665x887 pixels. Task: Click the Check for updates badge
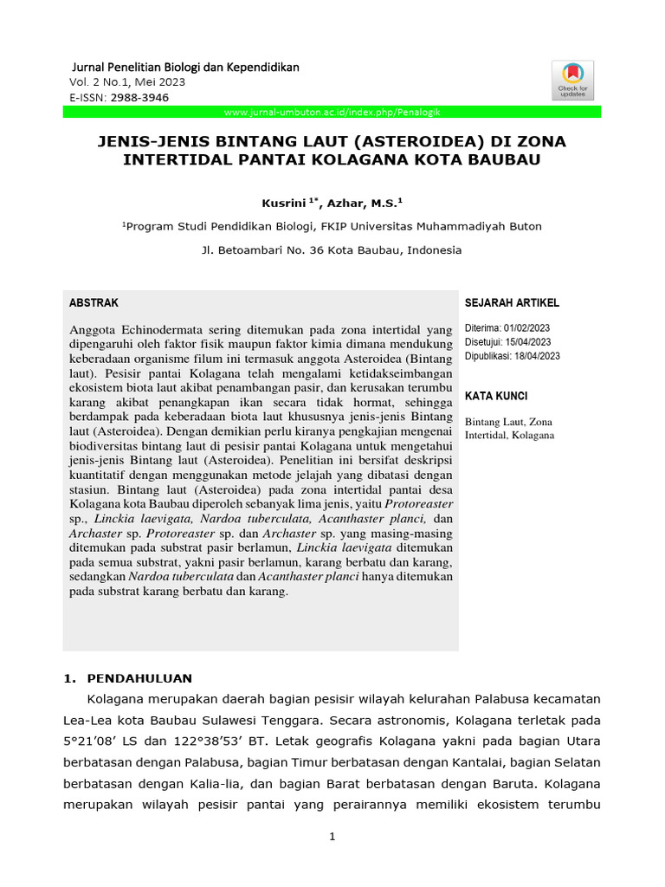click(572, 81)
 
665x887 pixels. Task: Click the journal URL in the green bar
click(333, 113)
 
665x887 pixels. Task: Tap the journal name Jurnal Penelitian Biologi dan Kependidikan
click(184, 67)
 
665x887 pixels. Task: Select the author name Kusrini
click(283, 203)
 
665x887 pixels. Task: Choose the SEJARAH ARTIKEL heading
click(512, 303)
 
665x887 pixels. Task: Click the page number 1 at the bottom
click(332, 837)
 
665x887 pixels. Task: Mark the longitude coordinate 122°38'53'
click(220, 741)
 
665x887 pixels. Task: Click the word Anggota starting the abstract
click(94, 329)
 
